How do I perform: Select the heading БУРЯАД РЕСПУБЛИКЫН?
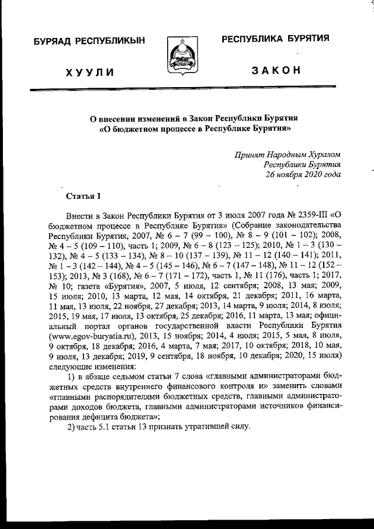[x=89, y=41]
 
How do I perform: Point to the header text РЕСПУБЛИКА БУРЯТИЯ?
[x=275, y=39]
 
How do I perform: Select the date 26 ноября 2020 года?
[x=303, y=175]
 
